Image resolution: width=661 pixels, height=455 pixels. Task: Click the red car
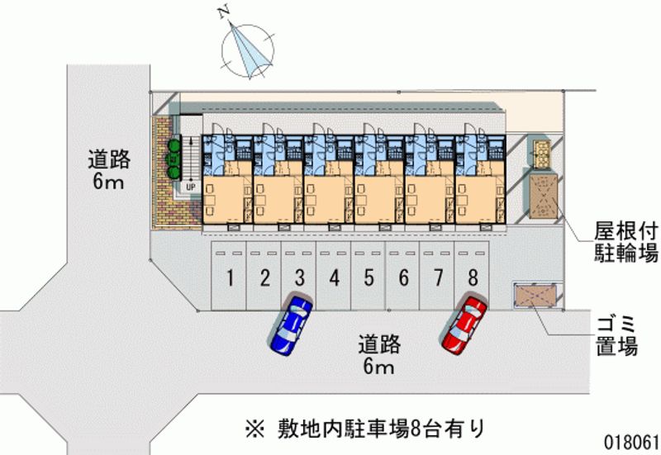coord(464,324)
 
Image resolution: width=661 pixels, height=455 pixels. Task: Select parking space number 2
coord(264,277)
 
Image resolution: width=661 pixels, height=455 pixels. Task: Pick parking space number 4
coord(334,277)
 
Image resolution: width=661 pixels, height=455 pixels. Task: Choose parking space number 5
coord(369,277)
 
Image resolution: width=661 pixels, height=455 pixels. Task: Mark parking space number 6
coord(403,277)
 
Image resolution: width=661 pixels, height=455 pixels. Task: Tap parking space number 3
coord(299,277)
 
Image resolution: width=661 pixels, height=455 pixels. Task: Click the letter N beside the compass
coord(221,12)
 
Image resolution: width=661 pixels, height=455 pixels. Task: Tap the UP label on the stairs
coord(190,187)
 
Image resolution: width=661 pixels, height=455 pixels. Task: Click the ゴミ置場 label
coord(616,334)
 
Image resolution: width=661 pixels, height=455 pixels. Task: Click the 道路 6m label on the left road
coord(107,170)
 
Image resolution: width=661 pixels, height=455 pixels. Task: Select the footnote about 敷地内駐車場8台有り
coord(363,429)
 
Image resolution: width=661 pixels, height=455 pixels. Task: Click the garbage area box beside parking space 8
coord(536,294)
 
